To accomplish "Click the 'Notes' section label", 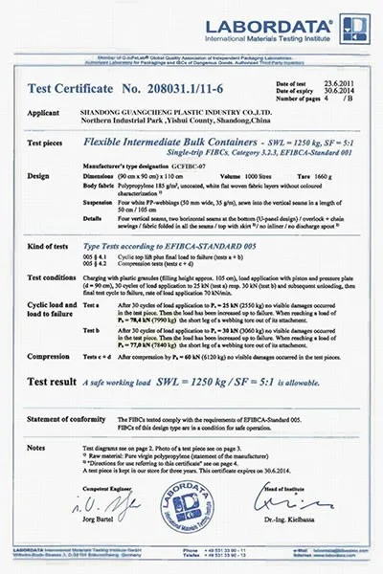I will point(36,446).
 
